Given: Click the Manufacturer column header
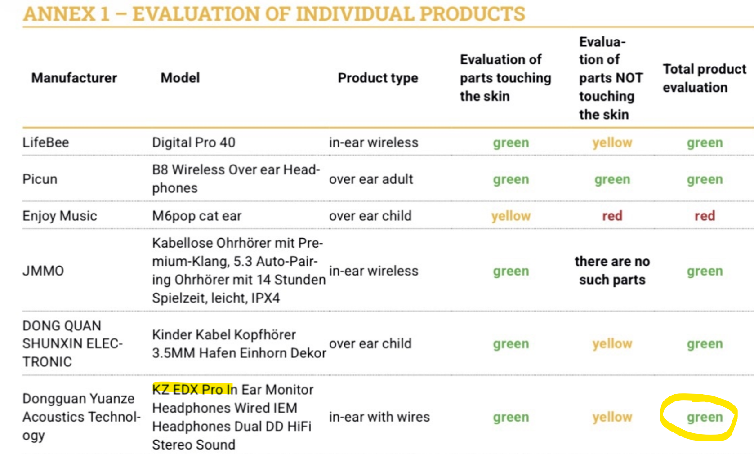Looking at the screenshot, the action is click(74, 78).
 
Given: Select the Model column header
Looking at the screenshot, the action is click(180, 78).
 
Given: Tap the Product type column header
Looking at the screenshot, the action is click(378, 78).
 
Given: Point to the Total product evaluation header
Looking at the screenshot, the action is click(705, 78).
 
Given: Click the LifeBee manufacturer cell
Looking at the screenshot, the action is click(45, 142).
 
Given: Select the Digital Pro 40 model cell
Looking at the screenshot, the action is click(193, 142).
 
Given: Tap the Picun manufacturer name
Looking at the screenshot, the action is click(40, 179).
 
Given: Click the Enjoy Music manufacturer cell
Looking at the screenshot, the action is click(60, 216).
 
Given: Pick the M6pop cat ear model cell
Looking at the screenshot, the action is click(196, 216).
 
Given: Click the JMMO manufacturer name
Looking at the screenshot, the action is click(43, 271).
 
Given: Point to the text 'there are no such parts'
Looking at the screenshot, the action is click(612, 271).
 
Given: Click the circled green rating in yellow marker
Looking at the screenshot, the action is click(705, 417).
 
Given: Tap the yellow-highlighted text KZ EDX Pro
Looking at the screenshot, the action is click(192, 389).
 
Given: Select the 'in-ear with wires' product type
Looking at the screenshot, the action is click(379, 417).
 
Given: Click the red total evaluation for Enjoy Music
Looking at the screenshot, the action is click(705, 216).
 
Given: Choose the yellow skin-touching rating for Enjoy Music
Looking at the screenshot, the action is click(511, 216).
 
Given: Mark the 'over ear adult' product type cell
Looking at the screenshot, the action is click(370, 179).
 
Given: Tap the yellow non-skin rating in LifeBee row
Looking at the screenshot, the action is click(612, 142).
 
